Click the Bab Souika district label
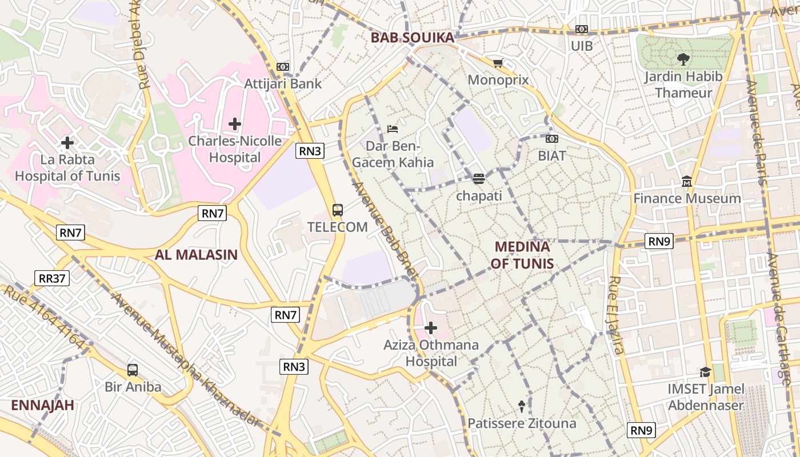pos(412,38)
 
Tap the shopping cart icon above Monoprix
pos(498,63)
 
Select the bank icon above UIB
pos(582,29)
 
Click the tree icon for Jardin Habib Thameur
pos(683,59)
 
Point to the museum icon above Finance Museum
pos(687,182)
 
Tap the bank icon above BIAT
pos(552,139)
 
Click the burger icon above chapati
pos(478,179)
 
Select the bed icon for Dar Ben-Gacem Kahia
pos(392,129)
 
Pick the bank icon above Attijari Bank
pos(283,67)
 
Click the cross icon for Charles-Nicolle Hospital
pos(235,123)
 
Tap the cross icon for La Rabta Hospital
pos(67,142)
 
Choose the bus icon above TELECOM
pos(338,210)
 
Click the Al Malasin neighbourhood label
pos(196,255)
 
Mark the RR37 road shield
pos(52,278)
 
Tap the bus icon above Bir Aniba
pos(133,370)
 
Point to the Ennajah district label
pos(43,406)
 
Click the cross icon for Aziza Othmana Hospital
pos(431,328)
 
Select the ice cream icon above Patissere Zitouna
pos(522,406)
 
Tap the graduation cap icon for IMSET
pos(706,372)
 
